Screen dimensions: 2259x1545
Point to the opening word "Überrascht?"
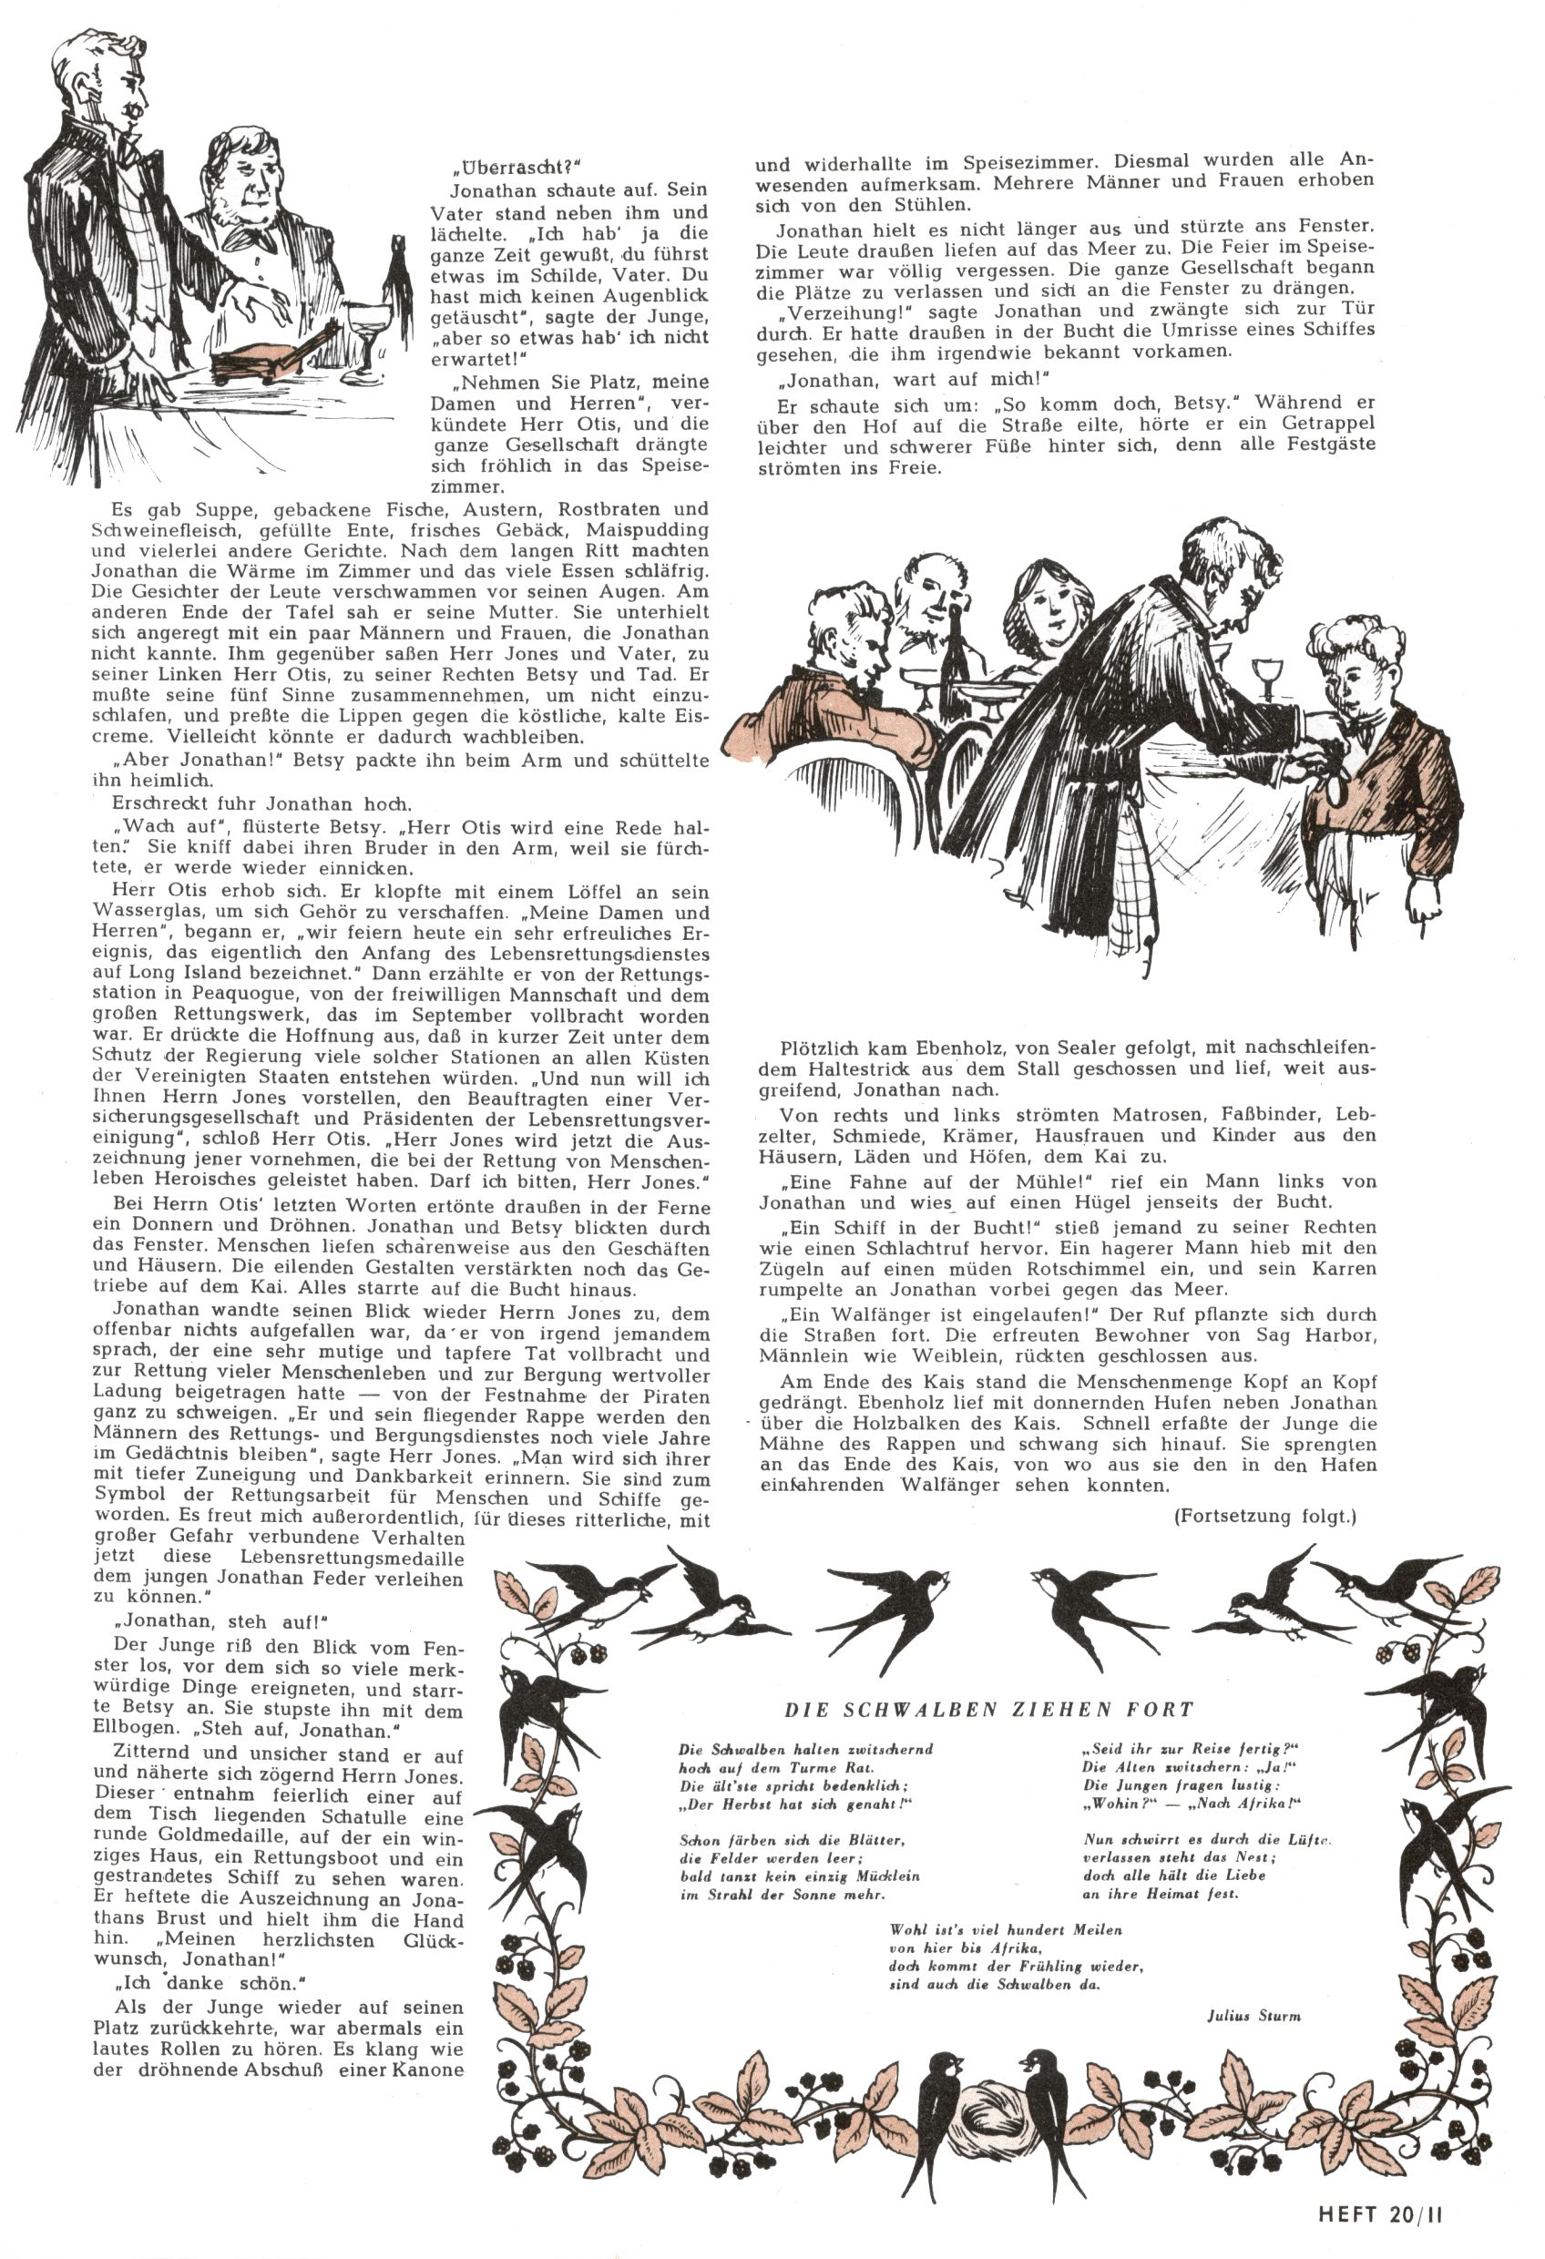click(x=508, y=165)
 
